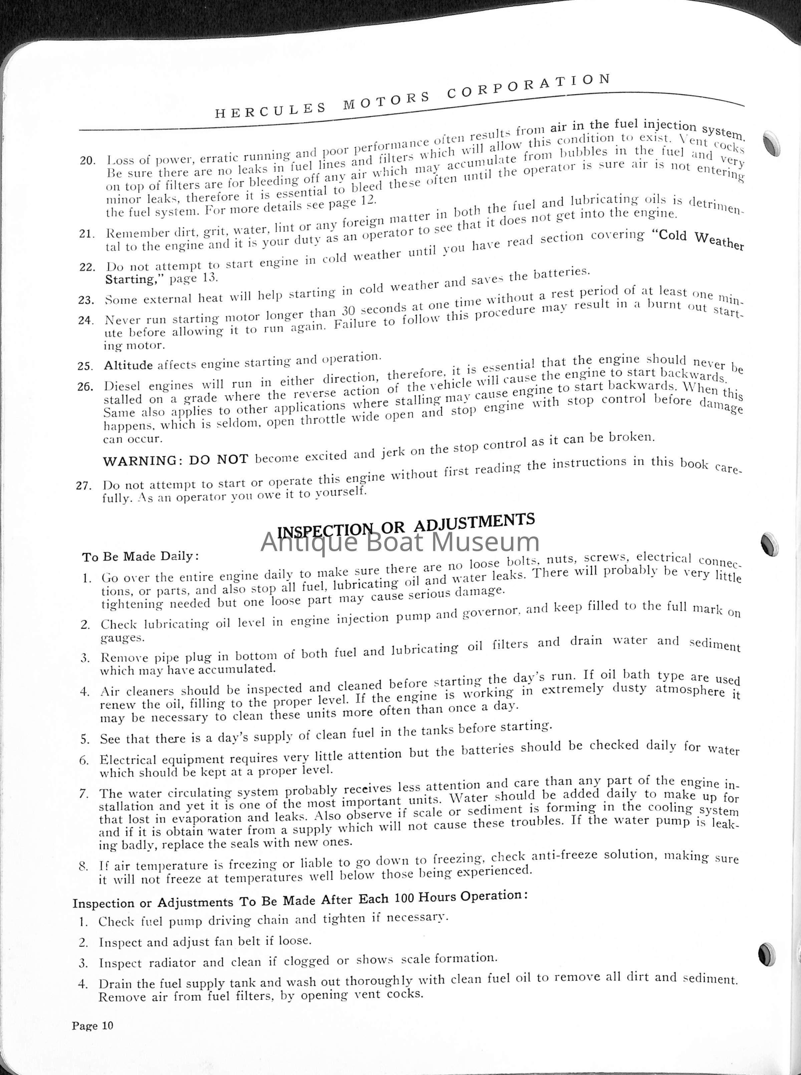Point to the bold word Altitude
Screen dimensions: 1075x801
(128, 365)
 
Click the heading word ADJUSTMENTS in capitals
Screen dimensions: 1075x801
(474, 522)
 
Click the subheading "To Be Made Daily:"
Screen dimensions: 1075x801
(141, 557)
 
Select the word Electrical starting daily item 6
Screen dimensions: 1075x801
(128, 760)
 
